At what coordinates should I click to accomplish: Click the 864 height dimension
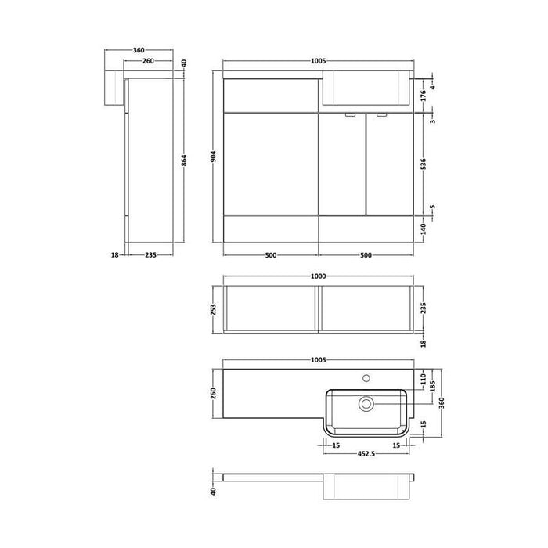[x=184, y=160]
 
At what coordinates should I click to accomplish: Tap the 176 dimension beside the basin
[x=423, y=96]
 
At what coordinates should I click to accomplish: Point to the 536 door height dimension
[x=423, y=165]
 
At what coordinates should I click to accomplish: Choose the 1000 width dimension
[x=318, y=276]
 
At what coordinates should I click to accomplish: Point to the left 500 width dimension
[x=270, y=255]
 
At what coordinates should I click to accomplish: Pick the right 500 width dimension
[x=366, y=255]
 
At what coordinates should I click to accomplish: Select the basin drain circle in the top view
[x=366, y=403]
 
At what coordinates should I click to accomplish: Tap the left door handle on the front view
[x=350, y=116]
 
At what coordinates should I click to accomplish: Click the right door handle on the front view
[x=381, y=116]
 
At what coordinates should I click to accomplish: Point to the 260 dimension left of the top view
[x=214, y=394]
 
